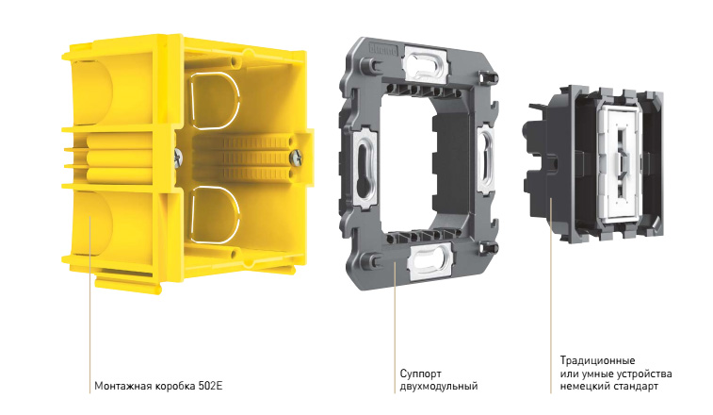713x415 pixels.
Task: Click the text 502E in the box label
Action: pyautogui.click(x=210, y=387)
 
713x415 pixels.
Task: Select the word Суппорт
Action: pyautogui.click(x=421, y=374)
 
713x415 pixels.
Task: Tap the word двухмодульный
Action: pyautogui.click(x=439, y=387)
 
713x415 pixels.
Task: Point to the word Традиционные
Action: pyautogui.click(x=597, y=361)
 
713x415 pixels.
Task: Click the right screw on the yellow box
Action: pyautogui.click(x=296, y=158)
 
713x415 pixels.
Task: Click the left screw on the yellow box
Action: pyautogui.click(x=178, y=158)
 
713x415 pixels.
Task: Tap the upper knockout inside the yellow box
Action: pyautogui.click(x=216, y=101)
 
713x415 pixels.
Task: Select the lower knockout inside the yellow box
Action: pyautogui.click(x=216, y=214)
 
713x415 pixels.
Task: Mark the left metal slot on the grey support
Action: pyautogui.click(x=365, y=168)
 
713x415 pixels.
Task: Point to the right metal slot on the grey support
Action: pyautogui.click(x=486, y=158)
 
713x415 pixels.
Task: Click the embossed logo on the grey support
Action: pyautogui.click(x=383, y=49)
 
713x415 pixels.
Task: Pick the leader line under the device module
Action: pyautogui.click(x=551, y=295)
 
